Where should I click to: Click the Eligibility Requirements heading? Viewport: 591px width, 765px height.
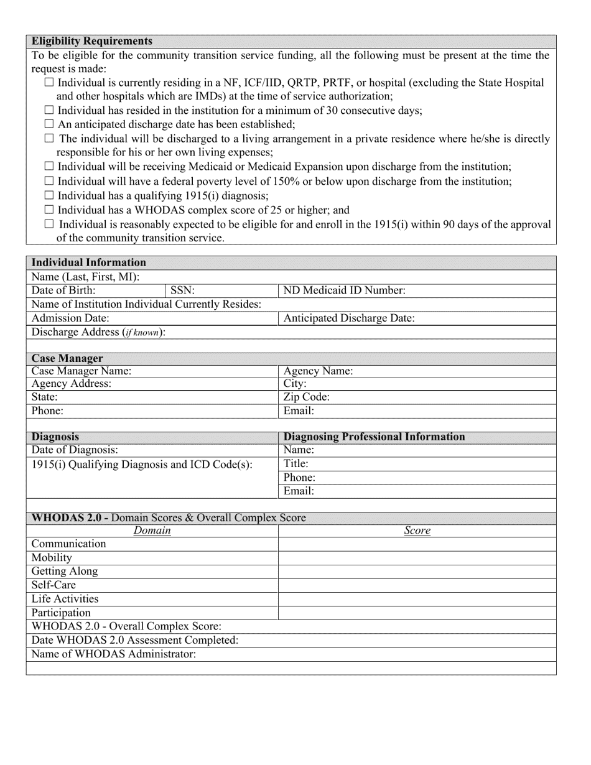(92, 41)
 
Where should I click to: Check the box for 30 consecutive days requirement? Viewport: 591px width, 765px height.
(50, 110)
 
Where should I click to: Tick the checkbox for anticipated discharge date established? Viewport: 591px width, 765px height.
(50, 124)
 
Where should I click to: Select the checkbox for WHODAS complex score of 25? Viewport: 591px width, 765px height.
(50, 210)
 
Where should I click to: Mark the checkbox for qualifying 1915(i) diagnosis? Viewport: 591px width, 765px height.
(50, 196)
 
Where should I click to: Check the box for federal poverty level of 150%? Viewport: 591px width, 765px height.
(50, 181)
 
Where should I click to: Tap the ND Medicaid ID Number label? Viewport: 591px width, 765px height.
(345, 290)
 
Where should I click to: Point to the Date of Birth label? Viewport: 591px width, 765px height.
(63, 290)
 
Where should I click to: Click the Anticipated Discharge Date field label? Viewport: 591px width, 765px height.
(349, 318)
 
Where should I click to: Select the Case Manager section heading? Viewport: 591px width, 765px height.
(67, 359)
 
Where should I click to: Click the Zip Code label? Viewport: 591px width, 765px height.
(306, 397)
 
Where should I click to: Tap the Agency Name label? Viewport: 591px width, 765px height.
(318, 371)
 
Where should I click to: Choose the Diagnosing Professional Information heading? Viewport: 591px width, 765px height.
(374, 437)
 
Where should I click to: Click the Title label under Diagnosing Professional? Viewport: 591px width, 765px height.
(296, 463)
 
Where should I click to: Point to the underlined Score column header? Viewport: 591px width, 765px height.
(417, 531)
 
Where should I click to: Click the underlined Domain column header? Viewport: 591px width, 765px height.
(152, 531)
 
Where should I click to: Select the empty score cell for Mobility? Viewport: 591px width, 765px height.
(417, 558)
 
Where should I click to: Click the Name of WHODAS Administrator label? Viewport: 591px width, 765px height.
(114, 654)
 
